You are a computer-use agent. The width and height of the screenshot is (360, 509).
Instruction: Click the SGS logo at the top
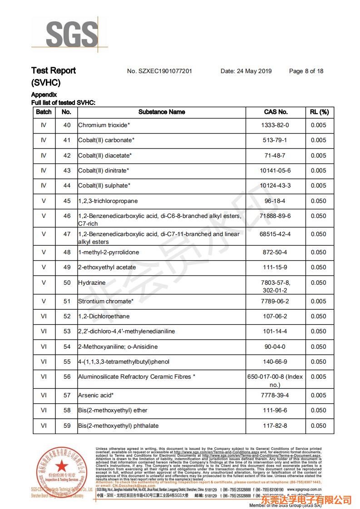(72, 34)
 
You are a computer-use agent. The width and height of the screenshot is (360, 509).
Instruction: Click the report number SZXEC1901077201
(159, 71)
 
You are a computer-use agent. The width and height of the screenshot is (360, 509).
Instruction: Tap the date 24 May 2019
(246, 71)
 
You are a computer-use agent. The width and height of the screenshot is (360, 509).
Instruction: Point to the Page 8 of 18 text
(306, 71)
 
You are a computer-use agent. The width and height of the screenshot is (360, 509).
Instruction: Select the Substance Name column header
(162, 112)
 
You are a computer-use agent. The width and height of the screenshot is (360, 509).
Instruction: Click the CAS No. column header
(276, 112)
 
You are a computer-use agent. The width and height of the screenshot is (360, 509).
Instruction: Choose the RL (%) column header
(319, 112)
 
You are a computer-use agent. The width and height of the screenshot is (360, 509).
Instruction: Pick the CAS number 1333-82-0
(275, 125)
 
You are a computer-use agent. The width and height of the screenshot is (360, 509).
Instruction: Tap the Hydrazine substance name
(92, 283)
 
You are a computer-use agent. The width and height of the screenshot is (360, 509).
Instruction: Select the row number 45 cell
(67, 201)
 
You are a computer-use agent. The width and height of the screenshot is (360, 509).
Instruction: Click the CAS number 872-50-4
(275, 252)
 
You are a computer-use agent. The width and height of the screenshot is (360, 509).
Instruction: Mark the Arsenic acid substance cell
(96, 395)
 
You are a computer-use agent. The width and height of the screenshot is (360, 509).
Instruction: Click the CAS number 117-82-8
(275, 426)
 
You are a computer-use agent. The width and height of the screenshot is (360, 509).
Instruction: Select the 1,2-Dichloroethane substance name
(104, 316)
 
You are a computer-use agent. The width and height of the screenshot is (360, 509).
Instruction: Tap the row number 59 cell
(67, 426)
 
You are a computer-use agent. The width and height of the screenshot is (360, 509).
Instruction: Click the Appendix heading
(44, 95)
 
